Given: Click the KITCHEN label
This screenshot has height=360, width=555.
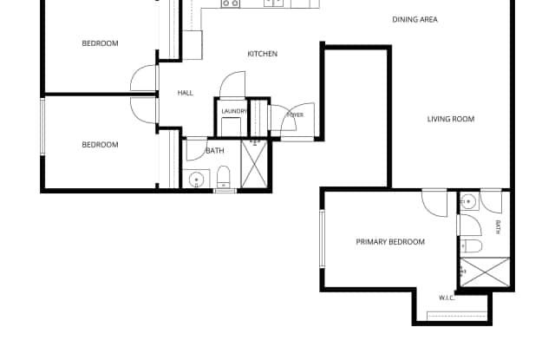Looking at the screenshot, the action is pos(262,54).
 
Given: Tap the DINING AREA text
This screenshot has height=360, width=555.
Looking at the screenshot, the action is pos(415,19).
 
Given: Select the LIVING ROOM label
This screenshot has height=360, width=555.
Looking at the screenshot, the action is pos(451,119).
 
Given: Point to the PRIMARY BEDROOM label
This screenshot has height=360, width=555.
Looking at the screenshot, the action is pos(390,242).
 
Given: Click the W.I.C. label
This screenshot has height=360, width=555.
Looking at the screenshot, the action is pos(447,298).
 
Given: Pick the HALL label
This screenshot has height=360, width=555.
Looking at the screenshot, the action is pos(185,93).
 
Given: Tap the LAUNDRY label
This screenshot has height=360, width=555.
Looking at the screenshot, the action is pos(234,112).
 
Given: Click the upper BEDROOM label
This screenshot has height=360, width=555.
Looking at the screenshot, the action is pos(100,43).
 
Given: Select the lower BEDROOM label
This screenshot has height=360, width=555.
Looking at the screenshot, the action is pos(100,144).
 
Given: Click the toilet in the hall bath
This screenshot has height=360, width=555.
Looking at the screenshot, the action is pos(224,177).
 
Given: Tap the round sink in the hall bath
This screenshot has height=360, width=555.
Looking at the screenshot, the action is pos(196,180).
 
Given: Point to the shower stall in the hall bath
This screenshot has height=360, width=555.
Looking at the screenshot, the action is pos(254,164).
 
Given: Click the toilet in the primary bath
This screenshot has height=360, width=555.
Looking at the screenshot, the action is pos(472,245).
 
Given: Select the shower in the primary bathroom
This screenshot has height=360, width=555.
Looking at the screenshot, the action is pos(486,272).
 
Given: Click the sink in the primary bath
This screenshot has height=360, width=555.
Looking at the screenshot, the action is pos(469,201).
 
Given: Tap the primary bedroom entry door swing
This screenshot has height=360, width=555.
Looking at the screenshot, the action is pos(434,203).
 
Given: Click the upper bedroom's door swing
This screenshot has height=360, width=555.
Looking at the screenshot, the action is pos(144,78).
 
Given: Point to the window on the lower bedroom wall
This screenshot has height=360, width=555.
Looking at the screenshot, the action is pos(42,127).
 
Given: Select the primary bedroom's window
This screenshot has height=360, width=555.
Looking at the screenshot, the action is pos(322,239).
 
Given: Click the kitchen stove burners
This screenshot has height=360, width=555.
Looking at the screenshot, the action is pos(231,3).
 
